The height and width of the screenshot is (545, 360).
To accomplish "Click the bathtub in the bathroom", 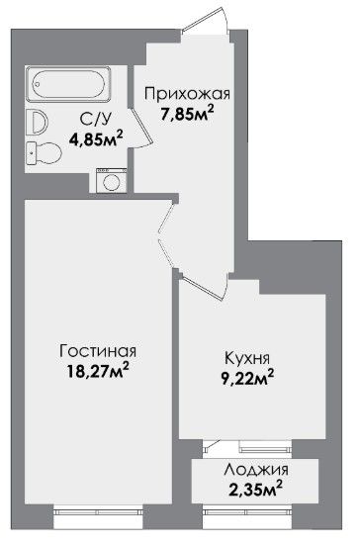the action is pos(68,84).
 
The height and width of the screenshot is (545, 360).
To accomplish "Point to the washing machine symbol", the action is pos(112,180).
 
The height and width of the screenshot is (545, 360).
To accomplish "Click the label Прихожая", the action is pos(187,94).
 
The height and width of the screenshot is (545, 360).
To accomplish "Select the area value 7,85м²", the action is pos(187,114).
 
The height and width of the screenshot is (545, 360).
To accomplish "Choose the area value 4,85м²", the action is pos(96,138).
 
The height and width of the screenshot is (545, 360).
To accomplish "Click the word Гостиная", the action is pos(98,351).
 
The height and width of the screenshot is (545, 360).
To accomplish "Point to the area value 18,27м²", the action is pos(97,371).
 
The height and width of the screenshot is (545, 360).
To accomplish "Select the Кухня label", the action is pos(247,358).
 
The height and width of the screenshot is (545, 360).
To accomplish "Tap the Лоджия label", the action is pos(256,470).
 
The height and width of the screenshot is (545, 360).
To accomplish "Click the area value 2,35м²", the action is pos(255,489).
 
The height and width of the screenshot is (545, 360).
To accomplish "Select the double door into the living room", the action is pos(167,236).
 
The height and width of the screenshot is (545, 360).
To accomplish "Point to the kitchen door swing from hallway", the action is pos(205,287).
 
